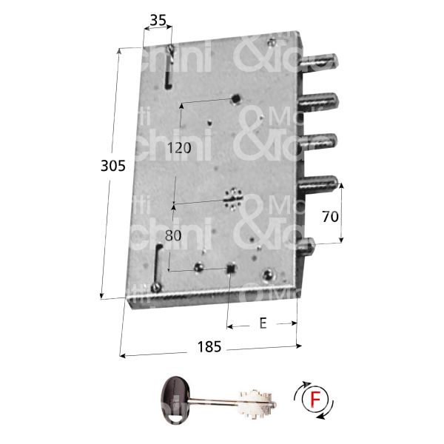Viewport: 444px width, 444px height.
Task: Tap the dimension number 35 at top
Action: click(156, 21)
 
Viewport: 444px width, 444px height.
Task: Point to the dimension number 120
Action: click(178, 147)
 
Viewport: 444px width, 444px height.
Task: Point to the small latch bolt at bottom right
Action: click(309, 245)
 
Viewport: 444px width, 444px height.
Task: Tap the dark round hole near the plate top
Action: click(235, 99)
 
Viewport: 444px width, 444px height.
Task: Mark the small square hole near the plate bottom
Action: click(231, 269)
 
